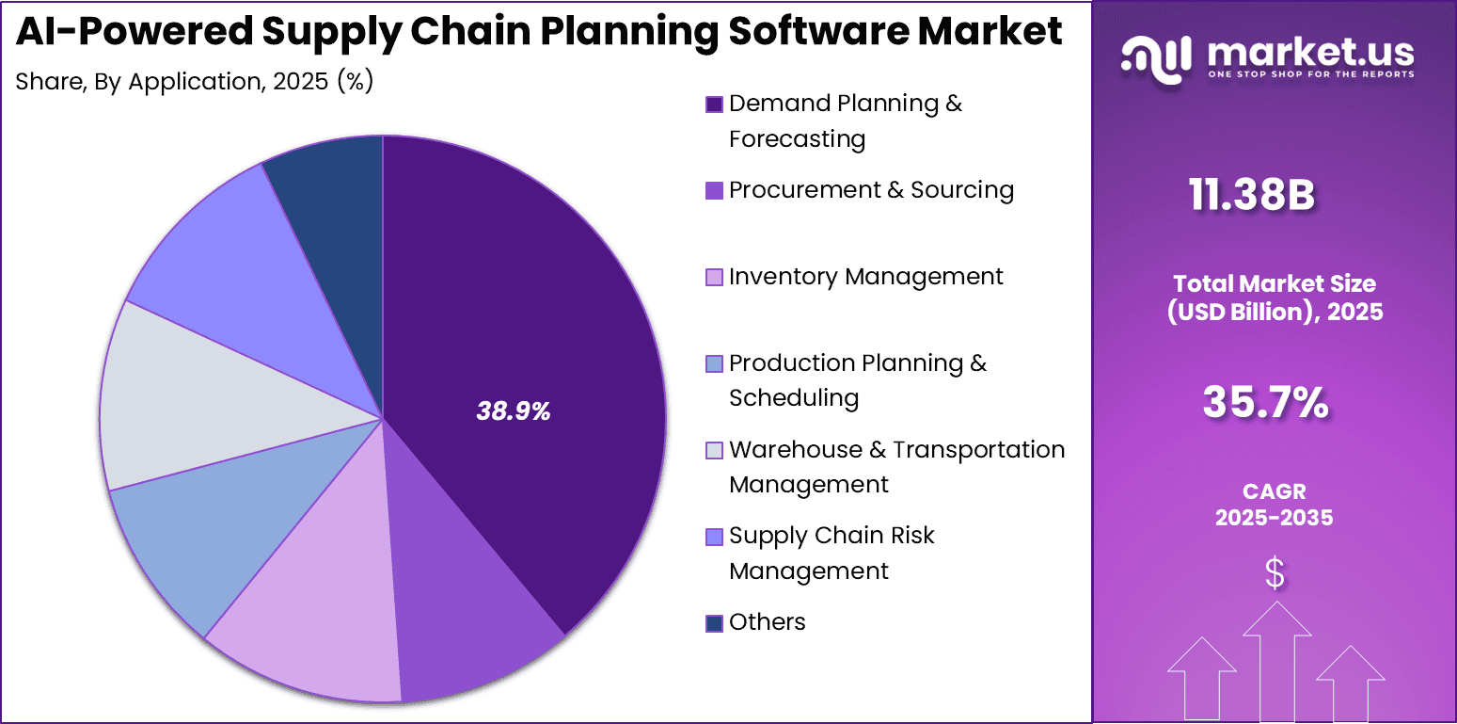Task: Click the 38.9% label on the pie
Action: tap(514, 410)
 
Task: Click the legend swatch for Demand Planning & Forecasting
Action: tap(714, 105)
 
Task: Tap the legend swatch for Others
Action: tap(714, 623)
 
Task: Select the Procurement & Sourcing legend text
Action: tap(871, 190)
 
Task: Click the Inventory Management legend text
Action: tap(865, 277)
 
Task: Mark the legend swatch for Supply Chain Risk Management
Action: tap(714, 537)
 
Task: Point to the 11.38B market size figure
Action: tap(1251, 196)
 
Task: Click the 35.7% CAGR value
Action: tap(1265, 403)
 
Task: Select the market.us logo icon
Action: tap(1156, 59)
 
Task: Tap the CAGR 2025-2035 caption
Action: tap(1274, 505)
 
